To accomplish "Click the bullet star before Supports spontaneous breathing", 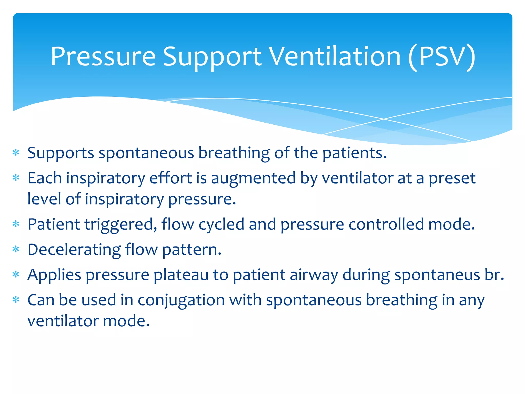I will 16,153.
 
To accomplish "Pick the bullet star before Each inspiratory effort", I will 16,178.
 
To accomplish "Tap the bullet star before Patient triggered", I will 16,224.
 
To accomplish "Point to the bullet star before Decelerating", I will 16,249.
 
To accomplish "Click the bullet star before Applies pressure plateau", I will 16,274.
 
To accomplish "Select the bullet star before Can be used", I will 16,300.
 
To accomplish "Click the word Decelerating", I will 74,250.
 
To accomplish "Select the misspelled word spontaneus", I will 437,275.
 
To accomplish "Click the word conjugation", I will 181,300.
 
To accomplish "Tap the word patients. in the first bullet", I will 354,153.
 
